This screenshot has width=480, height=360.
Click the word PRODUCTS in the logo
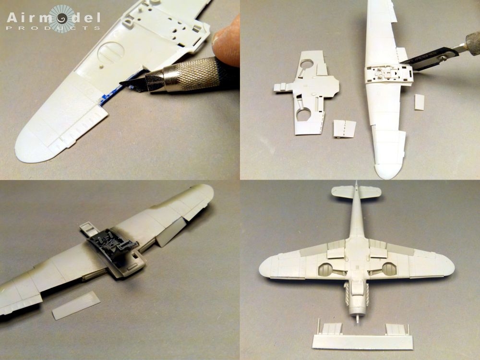coord(53,27)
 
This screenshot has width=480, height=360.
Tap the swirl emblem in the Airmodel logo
coord(59,17)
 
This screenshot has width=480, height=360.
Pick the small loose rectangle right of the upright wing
coord(419,102)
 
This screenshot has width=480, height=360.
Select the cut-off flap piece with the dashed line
coord(345,129)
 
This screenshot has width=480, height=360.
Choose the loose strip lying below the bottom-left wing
coord(76,305)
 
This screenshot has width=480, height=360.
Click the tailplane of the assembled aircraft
coord(356,192)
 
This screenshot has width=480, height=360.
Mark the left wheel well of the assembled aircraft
coord(326,269)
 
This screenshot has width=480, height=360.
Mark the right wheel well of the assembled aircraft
coord(389,269)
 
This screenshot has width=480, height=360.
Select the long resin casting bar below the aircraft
coord(362,341)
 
